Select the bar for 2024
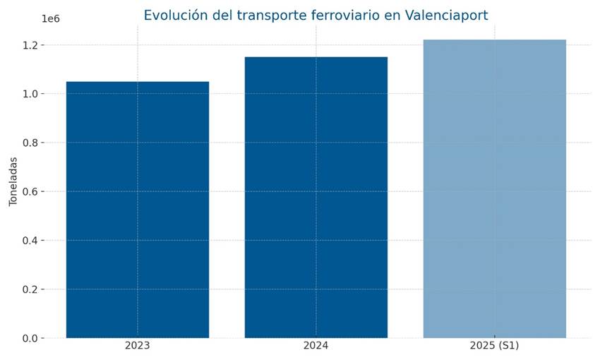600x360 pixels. (x=316, y=197)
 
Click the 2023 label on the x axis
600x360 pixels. (x=137, y=346)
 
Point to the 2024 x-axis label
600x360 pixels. (x=316, y=346)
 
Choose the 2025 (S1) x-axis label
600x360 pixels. (x=494, y=346)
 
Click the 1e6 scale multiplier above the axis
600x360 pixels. (x=52, y=19)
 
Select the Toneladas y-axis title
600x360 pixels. (x=13, y=181)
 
